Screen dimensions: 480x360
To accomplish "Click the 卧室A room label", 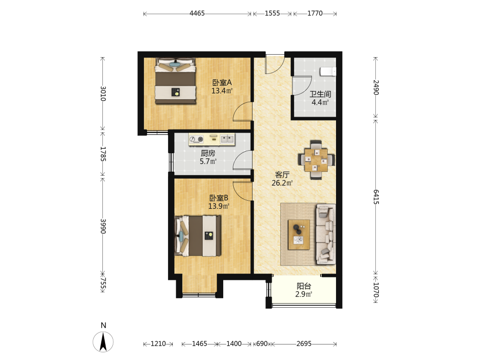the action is click(222, 83).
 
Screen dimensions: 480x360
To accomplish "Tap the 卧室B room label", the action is click(218, 198).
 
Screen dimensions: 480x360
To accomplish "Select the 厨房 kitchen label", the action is click(208, 153).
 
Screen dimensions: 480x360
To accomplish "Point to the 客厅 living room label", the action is click(282, 175).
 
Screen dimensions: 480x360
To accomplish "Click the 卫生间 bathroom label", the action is click(320, 94).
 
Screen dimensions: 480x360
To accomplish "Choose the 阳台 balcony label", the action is click(304, 286).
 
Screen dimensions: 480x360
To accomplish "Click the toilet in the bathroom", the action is click(328, 72).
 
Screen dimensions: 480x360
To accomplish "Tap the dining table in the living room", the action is click(316, 160).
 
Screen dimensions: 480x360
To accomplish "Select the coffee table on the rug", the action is click(299, 235).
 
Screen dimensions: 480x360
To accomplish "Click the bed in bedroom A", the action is click(175, 81).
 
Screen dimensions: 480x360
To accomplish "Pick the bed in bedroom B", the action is click(198, 236).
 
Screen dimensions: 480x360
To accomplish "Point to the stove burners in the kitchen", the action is click(196, 139).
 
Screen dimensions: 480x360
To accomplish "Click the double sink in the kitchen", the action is click(227, 139).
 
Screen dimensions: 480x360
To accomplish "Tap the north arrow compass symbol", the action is click(103, 342).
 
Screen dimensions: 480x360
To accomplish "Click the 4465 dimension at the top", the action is click(197, 13).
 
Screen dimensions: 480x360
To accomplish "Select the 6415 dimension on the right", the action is click(376, 197).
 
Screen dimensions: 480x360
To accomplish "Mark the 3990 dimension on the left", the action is click(103, 226).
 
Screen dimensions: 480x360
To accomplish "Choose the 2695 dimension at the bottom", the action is click(304, 344).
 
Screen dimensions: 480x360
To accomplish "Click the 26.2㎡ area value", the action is click(282, 183).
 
